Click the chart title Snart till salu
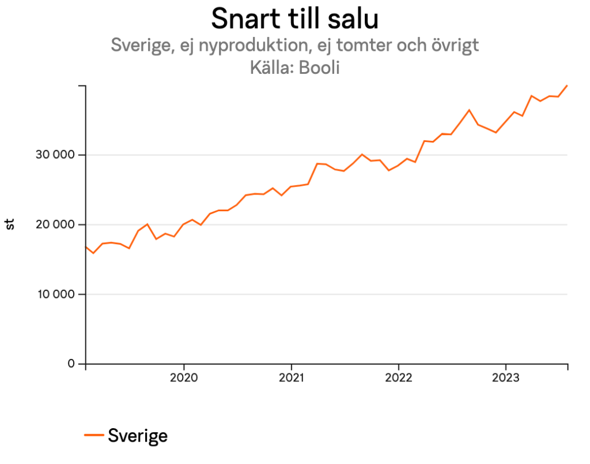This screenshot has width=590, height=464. [x=294, y=18]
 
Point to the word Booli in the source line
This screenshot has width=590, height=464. [x=319, y=68]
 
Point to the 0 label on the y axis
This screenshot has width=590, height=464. [x=72, y=364]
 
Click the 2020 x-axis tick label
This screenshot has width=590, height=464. [x=184, y=378]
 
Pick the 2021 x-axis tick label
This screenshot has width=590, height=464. [x=291, y=378]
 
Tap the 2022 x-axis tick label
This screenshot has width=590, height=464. [x=399, y=378]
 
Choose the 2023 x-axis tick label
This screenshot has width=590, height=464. [x=506, y=378]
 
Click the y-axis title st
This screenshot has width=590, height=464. [x=10, y=224]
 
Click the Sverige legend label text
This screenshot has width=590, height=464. [x=138, y=435]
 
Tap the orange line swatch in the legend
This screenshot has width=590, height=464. [x=94, y=435]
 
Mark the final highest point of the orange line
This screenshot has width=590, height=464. [x=567, y=85]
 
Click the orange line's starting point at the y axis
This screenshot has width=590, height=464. [x=86, y=247]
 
